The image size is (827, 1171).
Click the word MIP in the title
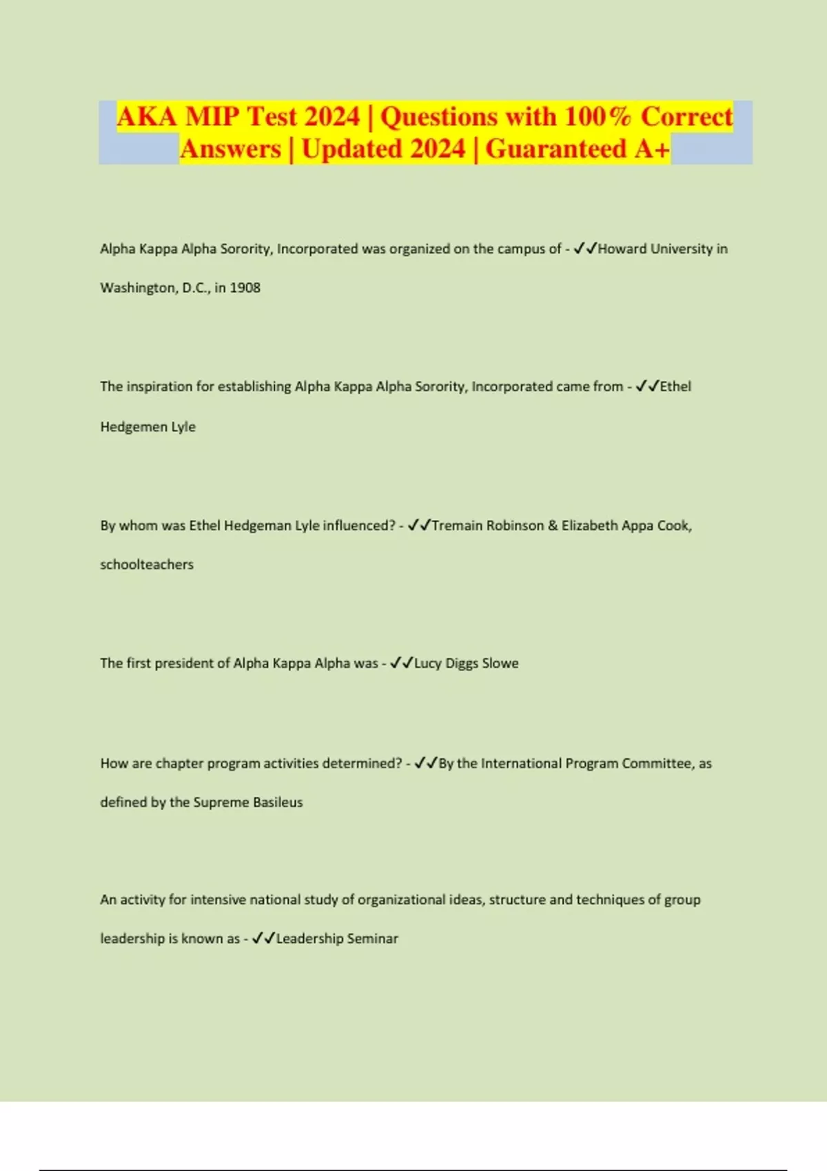click(212, 116)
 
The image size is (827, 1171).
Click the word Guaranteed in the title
click(555, 149)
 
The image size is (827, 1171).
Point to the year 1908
click(245, 288)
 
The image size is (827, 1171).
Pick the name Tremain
click(457, 526)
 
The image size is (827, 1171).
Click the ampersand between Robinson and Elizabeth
click(553, 526)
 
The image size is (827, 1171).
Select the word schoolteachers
click(147, 565)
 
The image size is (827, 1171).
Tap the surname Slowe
click(500, 663)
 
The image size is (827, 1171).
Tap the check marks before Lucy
click(401, 663)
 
